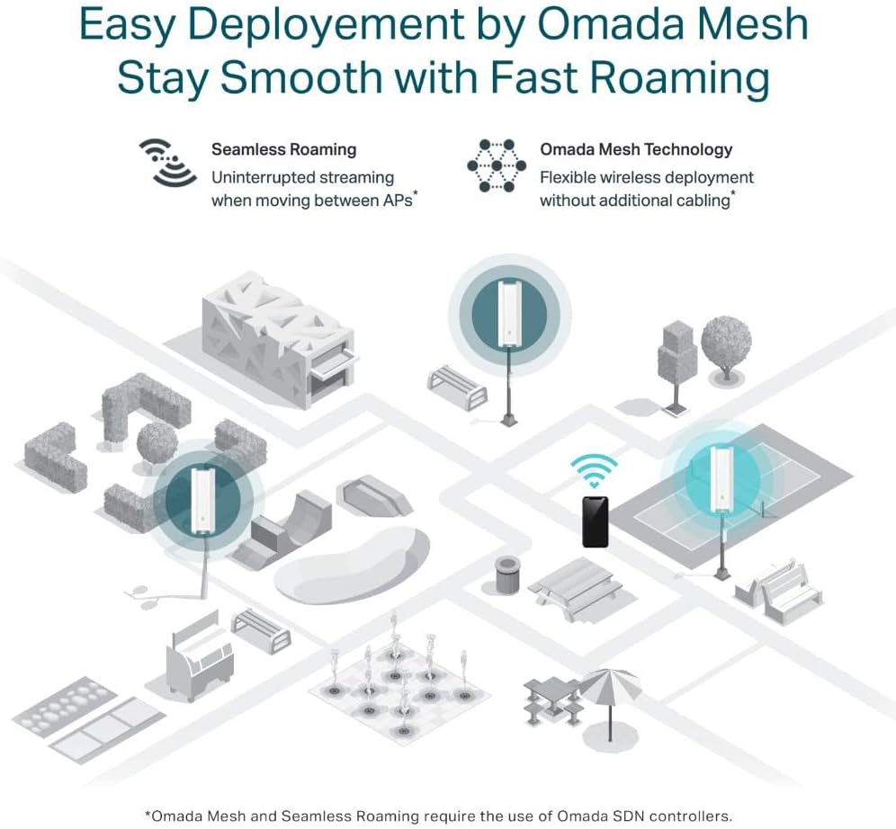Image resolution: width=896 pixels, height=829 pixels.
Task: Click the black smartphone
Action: click(595, 521)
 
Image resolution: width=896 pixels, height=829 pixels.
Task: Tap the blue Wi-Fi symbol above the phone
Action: click(595, 470)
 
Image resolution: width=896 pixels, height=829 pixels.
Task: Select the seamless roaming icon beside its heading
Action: click(168, 163)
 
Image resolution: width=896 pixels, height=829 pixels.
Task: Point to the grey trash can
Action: click(507, 575)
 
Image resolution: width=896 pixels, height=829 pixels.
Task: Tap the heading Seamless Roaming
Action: click(283, 149)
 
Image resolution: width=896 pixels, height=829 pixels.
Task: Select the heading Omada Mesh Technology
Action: click(636, 149)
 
